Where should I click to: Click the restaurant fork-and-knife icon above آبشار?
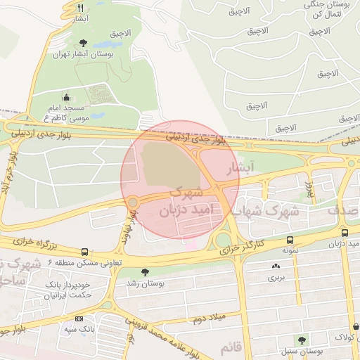[81, 8]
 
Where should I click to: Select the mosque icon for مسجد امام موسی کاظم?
[66, 98]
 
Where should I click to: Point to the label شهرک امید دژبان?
[174, 201]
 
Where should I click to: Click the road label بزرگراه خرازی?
[42, 245]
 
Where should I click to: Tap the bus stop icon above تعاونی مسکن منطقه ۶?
[85, 251]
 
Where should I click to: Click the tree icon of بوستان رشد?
[146, 272]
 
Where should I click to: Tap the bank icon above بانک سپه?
[78, 319]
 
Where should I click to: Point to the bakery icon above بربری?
[275, 266]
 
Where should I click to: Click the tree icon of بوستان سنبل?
[302, 340]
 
